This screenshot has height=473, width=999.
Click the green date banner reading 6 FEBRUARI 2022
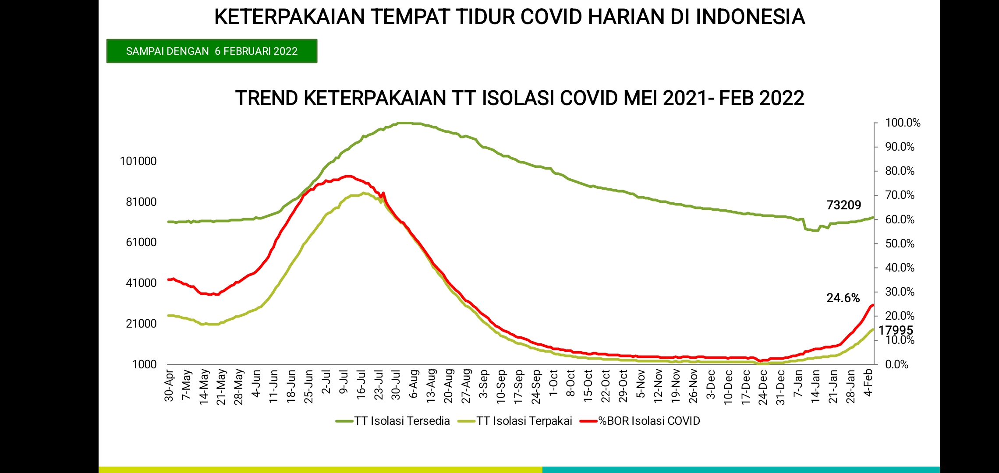click(212, 51)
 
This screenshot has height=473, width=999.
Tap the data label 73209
click(843, 205)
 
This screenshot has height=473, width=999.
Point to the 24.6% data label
click(843, 298)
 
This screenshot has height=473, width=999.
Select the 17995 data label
click(896, 330)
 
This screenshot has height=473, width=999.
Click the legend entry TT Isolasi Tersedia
click(393, 421)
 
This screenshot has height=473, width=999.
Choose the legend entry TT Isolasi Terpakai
click(515, 421)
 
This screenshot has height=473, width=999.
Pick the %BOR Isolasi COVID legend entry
click(640, 421)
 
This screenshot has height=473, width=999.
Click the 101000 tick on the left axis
click(138, 161)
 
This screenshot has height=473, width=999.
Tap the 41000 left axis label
click(141, 283)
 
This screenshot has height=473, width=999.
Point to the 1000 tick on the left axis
click(145, 364)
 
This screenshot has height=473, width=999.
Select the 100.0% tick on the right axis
click(903, 123)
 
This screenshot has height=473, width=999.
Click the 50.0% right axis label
click(900, 244)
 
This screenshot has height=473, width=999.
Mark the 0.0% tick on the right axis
click(896, 364)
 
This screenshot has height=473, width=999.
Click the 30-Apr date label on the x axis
click(169, 385)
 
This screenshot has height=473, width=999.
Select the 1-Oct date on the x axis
click(553, 382)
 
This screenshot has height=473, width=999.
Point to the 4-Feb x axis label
click(868, 382)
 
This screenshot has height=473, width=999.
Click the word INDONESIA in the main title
click(750, 17)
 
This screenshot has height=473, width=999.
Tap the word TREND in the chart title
click(267, 98)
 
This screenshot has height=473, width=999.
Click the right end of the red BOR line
click(873, 305)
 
